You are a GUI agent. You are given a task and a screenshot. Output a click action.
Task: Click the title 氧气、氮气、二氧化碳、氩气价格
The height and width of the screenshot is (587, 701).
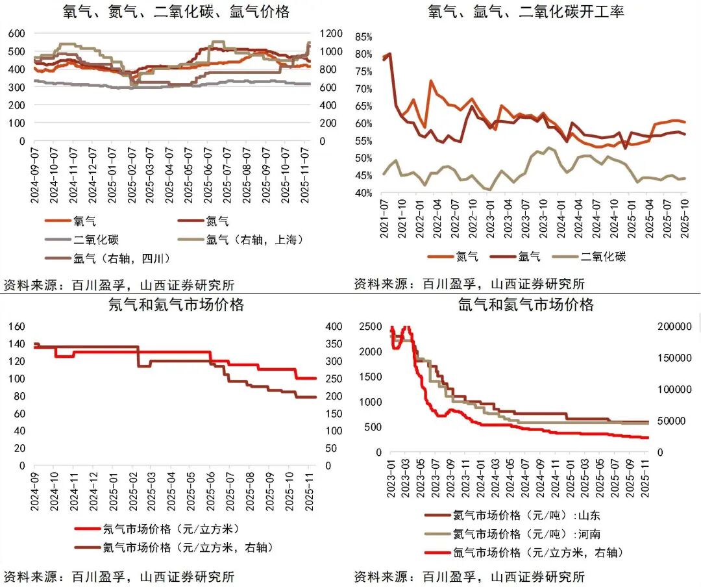click(176, 12)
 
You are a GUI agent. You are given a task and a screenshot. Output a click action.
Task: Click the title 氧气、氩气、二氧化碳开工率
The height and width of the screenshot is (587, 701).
click(526, 12)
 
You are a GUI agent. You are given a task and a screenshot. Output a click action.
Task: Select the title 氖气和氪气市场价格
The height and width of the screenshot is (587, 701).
click(176, 305)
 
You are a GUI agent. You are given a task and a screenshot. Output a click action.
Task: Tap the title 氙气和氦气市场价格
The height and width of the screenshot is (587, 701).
click(526, 305)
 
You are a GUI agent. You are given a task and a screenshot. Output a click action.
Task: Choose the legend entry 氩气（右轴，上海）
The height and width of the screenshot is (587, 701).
click(254, 240)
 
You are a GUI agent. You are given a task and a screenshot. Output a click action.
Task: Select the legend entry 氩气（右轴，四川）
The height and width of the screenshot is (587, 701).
click(121, 258)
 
